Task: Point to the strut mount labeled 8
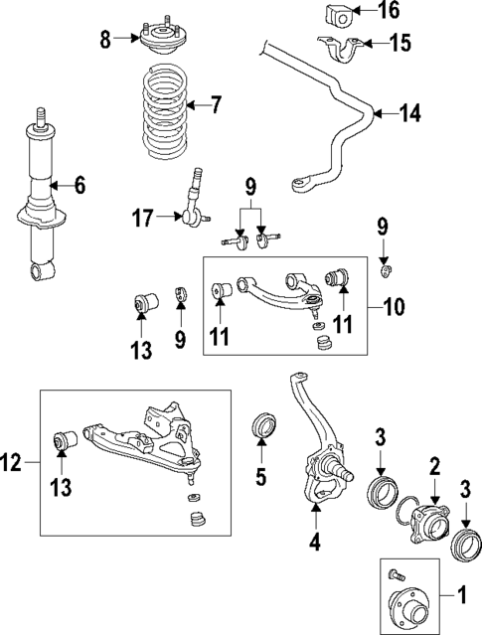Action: [x=160, y=41]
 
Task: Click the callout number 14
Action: [x=410, y=114]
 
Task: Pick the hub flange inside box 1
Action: [x=408, y=604]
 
